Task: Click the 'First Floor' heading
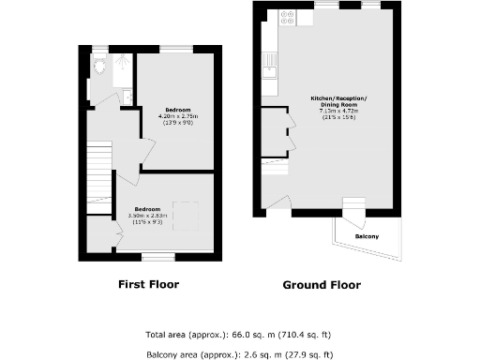148,284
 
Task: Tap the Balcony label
367,236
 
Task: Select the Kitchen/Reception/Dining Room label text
339,101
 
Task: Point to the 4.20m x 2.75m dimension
178,115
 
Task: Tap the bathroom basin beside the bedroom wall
126,97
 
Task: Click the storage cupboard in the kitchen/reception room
273,131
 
